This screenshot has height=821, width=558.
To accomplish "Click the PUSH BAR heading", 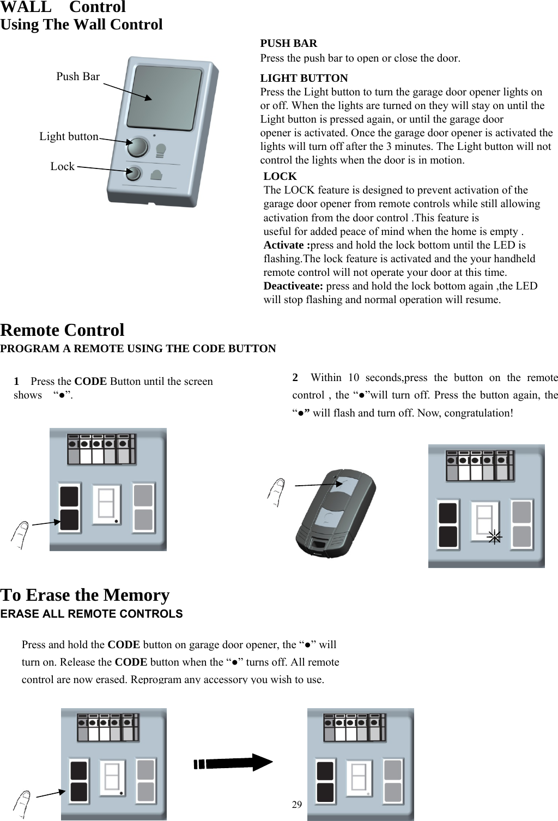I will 288,44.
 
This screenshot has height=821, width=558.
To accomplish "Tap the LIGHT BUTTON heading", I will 304,79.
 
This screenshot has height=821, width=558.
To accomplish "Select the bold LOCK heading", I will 280,177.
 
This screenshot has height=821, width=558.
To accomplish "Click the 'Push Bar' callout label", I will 78,77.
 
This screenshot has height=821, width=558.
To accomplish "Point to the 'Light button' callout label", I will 69,137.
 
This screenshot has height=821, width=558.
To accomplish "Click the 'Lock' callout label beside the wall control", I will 62,167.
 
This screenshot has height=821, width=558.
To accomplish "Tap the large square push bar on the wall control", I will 163,98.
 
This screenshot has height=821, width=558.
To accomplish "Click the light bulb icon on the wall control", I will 161,150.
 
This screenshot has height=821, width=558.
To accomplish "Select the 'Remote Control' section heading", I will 62,330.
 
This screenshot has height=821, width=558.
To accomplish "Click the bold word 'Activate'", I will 285,245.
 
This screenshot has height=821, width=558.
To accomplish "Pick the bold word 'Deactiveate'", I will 293,286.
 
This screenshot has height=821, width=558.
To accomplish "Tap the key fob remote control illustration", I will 336,512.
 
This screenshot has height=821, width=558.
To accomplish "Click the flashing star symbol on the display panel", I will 494,537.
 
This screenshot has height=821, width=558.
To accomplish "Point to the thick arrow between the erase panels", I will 233,762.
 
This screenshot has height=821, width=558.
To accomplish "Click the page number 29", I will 296,805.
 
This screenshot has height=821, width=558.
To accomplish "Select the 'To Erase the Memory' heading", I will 85,595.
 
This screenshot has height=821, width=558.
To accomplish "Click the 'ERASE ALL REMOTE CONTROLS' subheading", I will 92,614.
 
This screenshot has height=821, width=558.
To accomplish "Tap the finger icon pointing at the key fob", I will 277,492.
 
